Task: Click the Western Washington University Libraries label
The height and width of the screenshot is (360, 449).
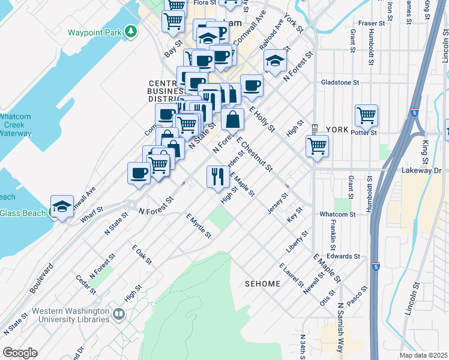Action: (70, 315)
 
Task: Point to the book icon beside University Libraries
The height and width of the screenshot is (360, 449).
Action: (119, 313)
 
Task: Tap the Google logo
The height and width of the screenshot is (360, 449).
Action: (20, 353)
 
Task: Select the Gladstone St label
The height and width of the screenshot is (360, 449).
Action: (340, 82)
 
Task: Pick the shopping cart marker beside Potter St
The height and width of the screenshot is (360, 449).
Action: (366, 115)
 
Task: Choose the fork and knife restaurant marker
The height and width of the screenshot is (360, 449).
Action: (217, 176)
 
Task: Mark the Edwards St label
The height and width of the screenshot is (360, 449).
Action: (343, 256)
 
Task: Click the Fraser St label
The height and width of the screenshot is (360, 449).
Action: (371, 23)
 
